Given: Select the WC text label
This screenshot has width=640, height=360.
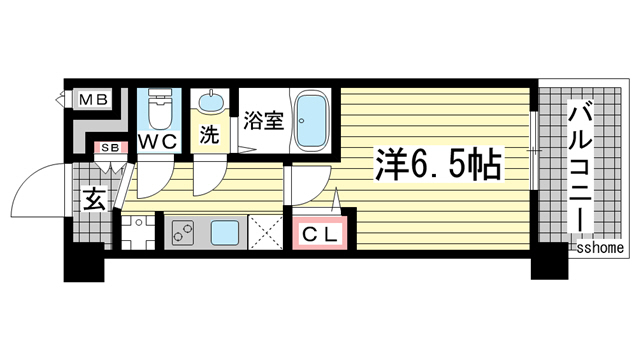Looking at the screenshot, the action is tap(159, 143).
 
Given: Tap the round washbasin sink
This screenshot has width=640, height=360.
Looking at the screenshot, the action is tap(211, 102).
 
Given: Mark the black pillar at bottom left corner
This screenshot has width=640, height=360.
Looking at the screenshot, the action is tap(85, 264).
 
